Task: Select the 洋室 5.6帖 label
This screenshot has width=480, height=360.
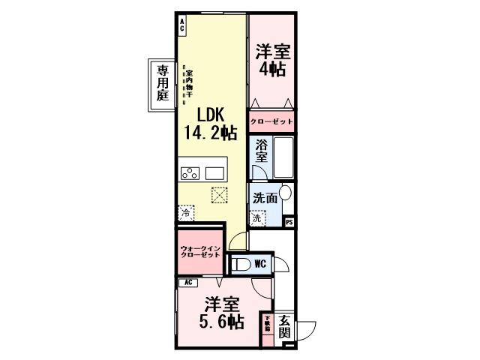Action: click(221, 314)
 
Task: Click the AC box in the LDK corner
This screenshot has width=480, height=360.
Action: click(181, 24)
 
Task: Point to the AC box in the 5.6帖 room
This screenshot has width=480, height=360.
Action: click(189, 282)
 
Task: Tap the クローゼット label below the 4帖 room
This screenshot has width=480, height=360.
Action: click(271, 121)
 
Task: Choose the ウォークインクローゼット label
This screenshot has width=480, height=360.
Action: click(199, 252)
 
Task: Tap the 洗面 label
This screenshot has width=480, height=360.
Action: click(265, 199)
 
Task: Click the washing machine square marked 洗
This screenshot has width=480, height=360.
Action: click(257, 218)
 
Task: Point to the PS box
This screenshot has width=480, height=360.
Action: click(289, 222)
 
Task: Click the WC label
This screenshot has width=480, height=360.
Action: click(259, 263)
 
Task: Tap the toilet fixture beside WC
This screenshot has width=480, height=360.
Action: click(240, 263)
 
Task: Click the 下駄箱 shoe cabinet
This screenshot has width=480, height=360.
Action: click(267, 325)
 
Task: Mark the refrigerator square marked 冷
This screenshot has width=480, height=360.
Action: click(186, 213)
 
